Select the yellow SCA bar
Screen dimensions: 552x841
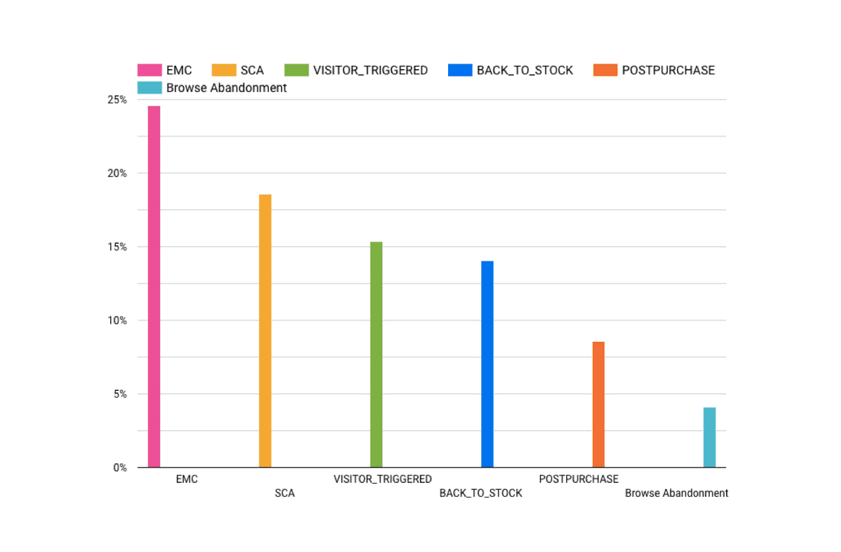point(265,330)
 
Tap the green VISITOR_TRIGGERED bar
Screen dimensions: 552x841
point(376,354)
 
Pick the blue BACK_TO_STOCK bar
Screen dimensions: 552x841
point(487,364)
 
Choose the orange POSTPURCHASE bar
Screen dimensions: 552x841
point(598,404)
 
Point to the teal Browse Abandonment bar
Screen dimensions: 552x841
point(709,437)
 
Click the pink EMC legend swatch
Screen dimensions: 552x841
point(149,71)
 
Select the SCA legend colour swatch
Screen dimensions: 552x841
point(224,71)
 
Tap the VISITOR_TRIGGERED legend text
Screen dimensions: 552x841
point(370,71)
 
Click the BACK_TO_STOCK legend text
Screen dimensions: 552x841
point(525,71)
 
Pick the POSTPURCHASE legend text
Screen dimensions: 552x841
point(668,71)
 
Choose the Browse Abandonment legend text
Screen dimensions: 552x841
point(226,88)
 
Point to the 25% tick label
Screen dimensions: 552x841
point(117,100)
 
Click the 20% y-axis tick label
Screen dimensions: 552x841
point(117,173)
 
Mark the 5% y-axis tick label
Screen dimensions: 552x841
point(120,394)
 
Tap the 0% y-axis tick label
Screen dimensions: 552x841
point(120,468)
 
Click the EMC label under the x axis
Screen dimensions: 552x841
point(186,479)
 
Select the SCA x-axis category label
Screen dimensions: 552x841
point(284,494)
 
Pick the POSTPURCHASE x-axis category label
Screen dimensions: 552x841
point(578,479)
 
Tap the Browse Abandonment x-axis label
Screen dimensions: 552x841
point(676,494)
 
